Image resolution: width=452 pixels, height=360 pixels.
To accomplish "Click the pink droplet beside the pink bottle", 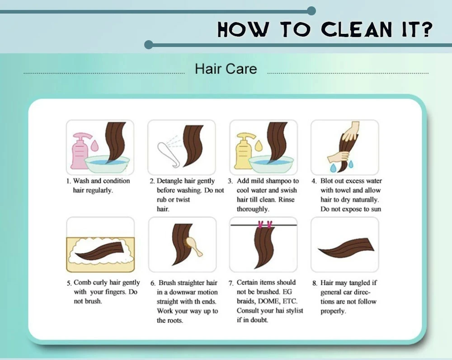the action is [94, 145].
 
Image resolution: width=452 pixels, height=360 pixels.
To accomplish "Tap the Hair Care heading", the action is [226, 69].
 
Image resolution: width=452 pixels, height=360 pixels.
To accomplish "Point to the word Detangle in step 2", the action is [169, 182].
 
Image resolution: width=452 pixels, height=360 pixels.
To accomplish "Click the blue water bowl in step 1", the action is [107, 164].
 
